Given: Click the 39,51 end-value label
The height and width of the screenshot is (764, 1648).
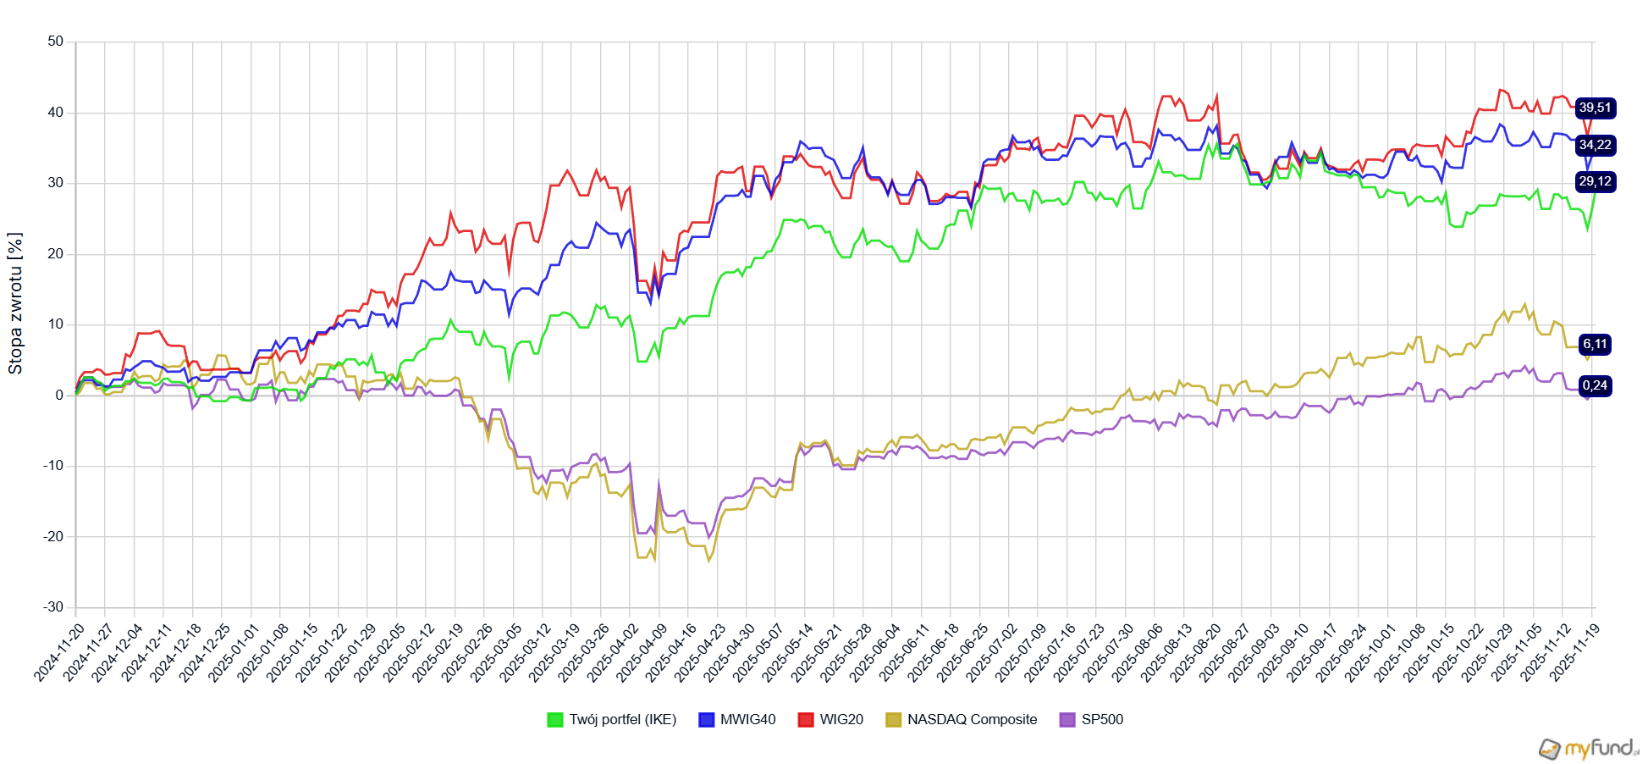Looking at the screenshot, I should coord(1595,108).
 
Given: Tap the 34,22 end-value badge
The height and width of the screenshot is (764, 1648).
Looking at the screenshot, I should coord(1595,145).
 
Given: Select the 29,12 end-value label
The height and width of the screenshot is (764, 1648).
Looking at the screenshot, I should coord(1595,181).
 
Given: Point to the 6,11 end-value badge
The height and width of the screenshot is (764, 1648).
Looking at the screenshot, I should coord(1595,344).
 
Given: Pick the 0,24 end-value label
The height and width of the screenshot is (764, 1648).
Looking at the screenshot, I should coord(1595,385).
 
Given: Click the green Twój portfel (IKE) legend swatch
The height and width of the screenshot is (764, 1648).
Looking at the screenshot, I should coord(555,719).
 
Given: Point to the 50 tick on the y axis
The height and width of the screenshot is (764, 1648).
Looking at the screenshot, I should coord(55,42).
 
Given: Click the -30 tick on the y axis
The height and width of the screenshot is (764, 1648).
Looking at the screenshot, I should coord(53,606).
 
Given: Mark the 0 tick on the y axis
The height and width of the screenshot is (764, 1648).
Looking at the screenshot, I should coord(59,395).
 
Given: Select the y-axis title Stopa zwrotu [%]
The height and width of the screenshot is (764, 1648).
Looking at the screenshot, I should coord(15,303).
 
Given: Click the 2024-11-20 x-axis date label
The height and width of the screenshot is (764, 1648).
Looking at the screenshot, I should coord(60,651).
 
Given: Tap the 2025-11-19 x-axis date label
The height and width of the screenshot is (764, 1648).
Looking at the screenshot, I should coord(1575,651).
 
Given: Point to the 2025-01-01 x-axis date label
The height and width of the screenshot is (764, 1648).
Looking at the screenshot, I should coord(234,651).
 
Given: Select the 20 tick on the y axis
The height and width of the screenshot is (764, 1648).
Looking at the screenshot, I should coord(55,253).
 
